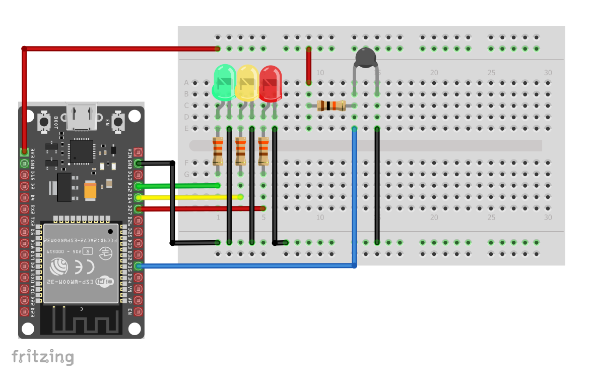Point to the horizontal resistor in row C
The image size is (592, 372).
coord(331,105)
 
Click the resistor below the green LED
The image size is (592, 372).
coord(218,151)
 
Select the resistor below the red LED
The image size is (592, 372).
coord(264,151)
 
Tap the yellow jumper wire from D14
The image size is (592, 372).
coord(191,197)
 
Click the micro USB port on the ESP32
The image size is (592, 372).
coord(81,117)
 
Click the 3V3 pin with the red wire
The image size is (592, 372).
coord(24,151)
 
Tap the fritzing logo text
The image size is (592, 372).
coord(42,357)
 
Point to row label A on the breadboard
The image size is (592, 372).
coord(186,82)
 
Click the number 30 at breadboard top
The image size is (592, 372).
coord(548,73)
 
